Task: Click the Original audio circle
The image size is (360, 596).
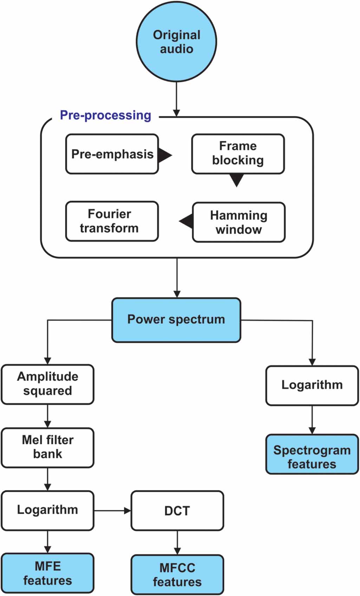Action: click(176, 42)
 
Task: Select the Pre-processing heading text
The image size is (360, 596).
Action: click(105, 115)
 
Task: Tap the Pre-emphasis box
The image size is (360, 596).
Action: click(112, 154)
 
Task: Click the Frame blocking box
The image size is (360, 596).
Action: click(238, 154)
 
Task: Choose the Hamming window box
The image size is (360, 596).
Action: click(238, 222)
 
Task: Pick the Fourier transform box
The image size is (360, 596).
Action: click(112, 221)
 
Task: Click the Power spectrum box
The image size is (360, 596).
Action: click(176, 320)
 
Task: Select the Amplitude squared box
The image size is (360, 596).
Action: click(47, 384)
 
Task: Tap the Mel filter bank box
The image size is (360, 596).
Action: click(47, 447)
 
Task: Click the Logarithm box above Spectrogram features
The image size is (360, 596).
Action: click(312, 385)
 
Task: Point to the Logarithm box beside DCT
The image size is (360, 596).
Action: click(47, 510)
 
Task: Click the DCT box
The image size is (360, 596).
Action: click(177, 511)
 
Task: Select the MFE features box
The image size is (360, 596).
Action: click(47, 573)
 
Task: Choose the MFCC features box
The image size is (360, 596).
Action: click(177, 574)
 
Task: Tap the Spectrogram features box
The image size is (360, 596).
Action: click(312, 454)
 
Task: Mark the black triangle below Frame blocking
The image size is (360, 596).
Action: click(237, 180)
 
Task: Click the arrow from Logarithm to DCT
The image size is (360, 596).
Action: click(112, 511)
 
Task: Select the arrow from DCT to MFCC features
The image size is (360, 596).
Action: click(177, 543)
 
